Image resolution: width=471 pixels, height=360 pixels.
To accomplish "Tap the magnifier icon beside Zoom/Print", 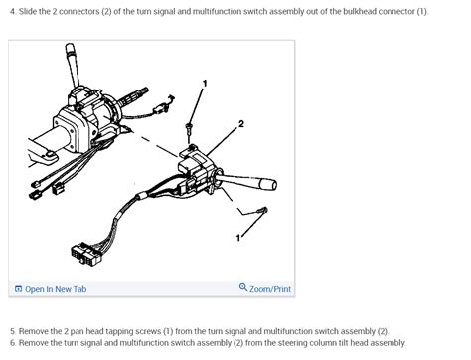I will pyautogui.click(x=243, y=288).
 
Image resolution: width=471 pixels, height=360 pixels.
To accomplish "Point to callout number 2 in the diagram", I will pyautogui.click(x=240, y=124).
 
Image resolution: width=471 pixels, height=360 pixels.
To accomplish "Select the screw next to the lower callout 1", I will pyautogui.click(x=263, y=210).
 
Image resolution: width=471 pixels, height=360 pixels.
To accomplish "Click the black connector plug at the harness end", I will pyautogui.click(x=78, y=253).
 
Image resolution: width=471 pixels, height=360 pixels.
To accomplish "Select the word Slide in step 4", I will pyautogui.click(x=29, y=11).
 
